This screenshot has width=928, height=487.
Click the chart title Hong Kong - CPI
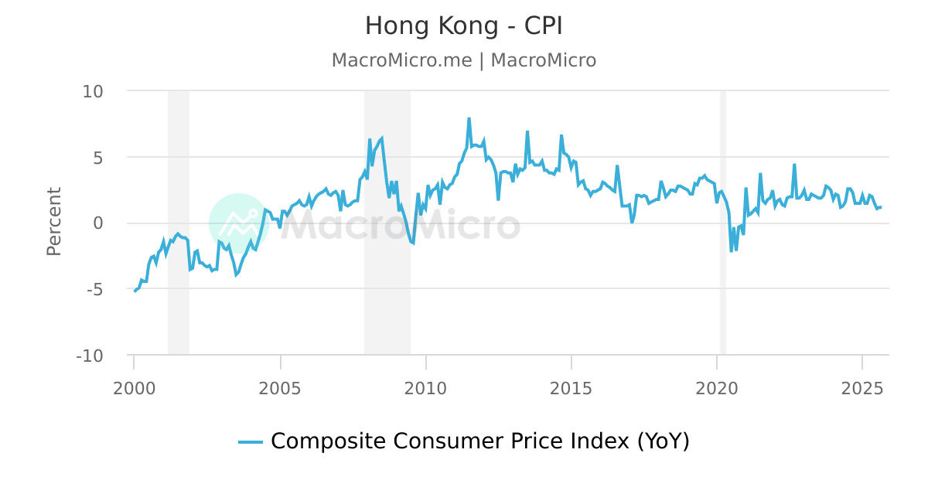pyautogui.click(x=463, y=26)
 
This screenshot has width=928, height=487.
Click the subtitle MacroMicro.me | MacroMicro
pyautogui.click(x=463, y=60)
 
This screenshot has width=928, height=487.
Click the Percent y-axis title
pyautogui.click(x=53, y=222)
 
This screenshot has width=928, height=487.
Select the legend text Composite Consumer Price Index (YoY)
pyautogui.click(x=479, y=441)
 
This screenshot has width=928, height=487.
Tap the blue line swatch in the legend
pyautogui.click(x=251, y=442)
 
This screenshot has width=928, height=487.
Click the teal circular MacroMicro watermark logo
pyautogui.click(x=238, y=223)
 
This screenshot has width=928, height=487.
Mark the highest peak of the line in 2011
pyautogui.click(x=469, y=119)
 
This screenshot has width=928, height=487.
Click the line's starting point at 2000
pyautogui.click(x=135, y=291)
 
